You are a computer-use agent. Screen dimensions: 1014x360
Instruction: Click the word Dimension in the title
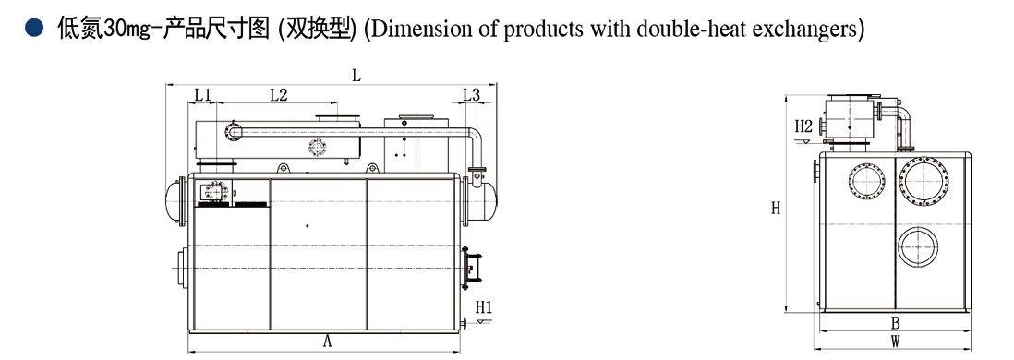(415, 29)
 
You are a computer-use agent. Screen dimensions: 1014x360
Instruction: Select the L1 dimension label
(203, 94)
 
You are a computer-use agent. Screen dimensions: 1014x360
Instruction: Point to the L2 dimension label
(278, 94)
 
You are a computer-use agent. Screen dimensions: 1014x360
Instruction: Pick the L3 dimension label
(471, 94)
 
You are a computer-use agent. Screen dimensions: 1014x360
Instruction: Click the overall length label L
(356, 76)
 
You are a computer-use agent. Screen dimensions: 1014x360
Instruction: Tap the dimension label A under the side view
(327, 342)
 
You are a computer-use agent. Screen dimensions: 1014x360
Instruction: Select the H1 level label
(484, 306)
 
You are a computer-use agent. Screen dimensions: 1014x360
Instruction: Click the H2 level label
(803, 125)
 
